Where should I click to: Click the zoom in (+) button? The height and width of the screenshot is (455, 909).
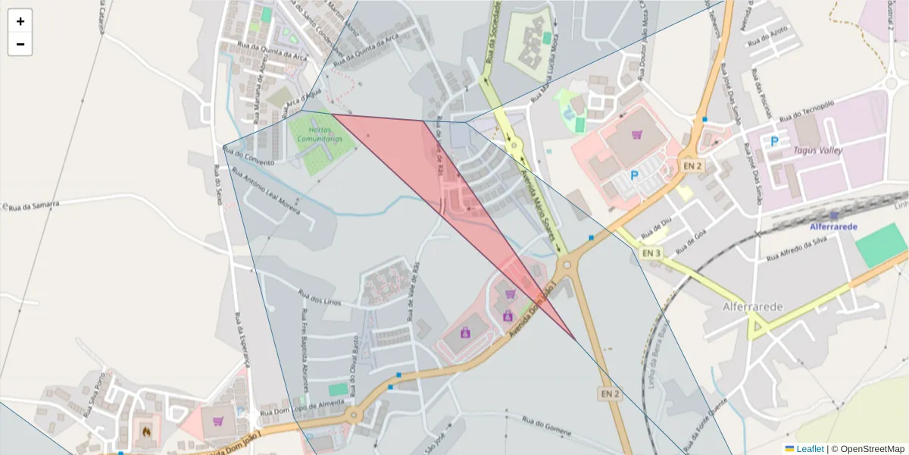(20, 21)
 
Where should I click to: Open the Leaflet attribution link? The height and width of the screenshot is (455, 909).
(810, 449)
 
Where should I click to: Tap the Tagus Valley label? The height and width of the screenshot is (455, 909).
(817, 150)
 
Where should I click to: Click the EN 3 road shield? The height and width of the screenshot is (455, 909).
(651, 253)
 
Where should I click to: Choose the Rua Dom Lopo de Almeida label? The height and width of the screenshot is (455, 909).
(296, 409)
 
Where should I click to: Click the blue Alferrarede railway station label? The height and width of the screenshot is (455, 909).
(832, 227)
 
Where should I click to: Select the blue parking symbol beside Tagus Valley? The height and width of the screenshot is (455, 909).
(774, 141)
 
